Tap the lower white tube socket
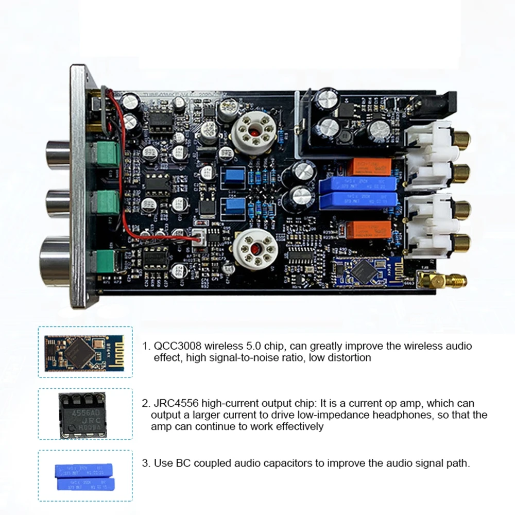click(x=256, y=249)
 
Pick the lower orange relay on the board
click(x=369, y=230)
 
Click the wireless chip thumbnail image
click(x=85, y=353)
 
